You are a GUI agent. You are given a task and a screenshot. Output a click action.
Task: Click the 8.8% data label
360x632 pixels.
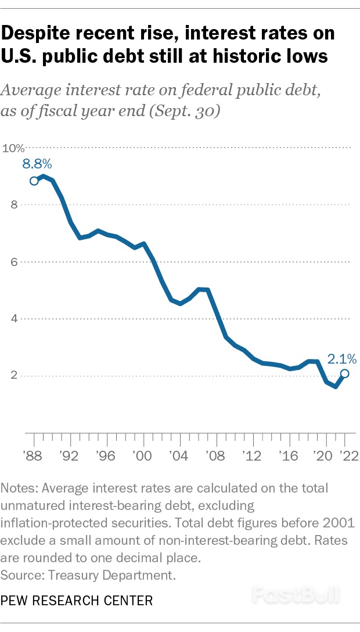click(37, 164)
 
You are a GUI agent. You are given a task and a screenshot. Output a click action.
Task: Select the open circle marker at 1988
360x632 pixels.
click(34, 181)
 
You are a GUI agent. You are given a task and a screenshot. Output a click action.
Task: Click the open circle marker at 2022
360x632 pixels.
click(344, 374)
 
